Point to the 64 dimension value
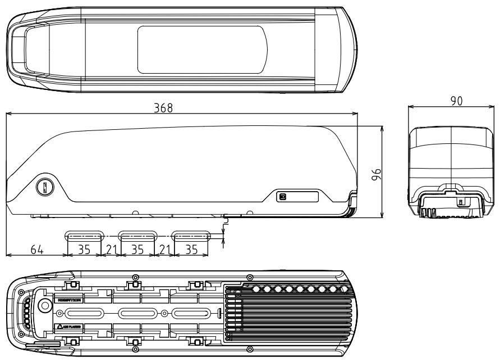[36, 249]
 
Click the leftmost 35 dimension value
[84, 249]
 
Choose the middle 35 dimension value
[137, 249]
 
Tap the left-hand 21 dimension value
[110, 249]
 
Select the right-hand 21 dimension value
[163, 249]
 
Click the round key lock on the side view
[44, 187]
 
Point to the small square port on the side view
[282, 197]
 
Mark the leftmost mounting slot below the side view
[85, 234]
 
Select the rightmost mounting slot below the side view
[191, 234]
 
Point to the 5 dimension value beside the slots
[226, 223]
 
